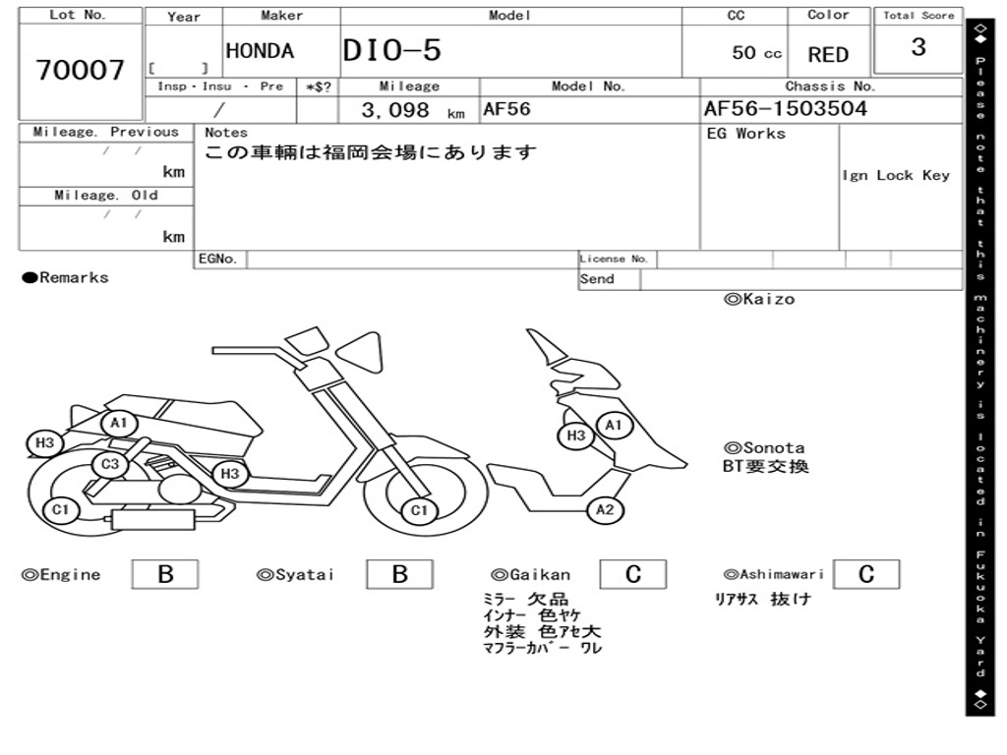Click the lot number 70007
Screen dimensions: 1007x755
click(x=81, y=70)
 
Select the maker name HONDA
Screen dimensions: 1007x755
click(x=260, y=51)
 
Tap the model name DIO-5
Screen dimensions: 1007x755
click(x=391, y=51)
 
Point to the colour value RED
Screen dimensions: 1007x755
click(x=828, y=55)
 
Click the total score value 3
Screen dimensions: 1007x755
click(x=918, y=47)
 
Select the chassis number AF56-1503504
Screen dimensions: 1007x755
click(x=785, y=109)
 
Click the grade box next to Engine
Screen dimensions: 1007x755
click(x=164, y=574)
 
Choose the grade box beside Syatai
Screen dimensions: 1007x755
click(x=399, y=574)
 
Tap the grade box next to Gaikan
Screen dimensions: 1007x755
click(x=633, y=574)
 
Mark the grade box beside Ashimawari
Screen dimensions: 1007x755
click(x=865, y=574)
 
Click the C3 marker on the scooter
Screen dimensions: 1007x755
click(x=110, y=463)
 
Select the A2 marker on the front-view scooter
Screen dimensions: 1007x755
click(x=605, y=509)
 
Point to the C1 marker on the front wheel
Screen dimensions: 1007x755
click(x=420, y=510)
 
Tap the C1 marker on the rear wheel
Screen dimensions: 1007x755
click(x=61, y=509)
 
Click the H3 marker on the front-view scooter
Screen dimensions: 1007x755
click(x=575, y=436)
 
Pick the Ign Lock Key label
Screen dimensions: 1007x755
click(x=896, y=175)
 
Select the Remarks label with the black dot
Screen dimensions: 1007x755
click(x=65, y=277)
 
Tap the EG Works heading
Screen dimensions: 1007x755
click(x=746, y=134)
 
